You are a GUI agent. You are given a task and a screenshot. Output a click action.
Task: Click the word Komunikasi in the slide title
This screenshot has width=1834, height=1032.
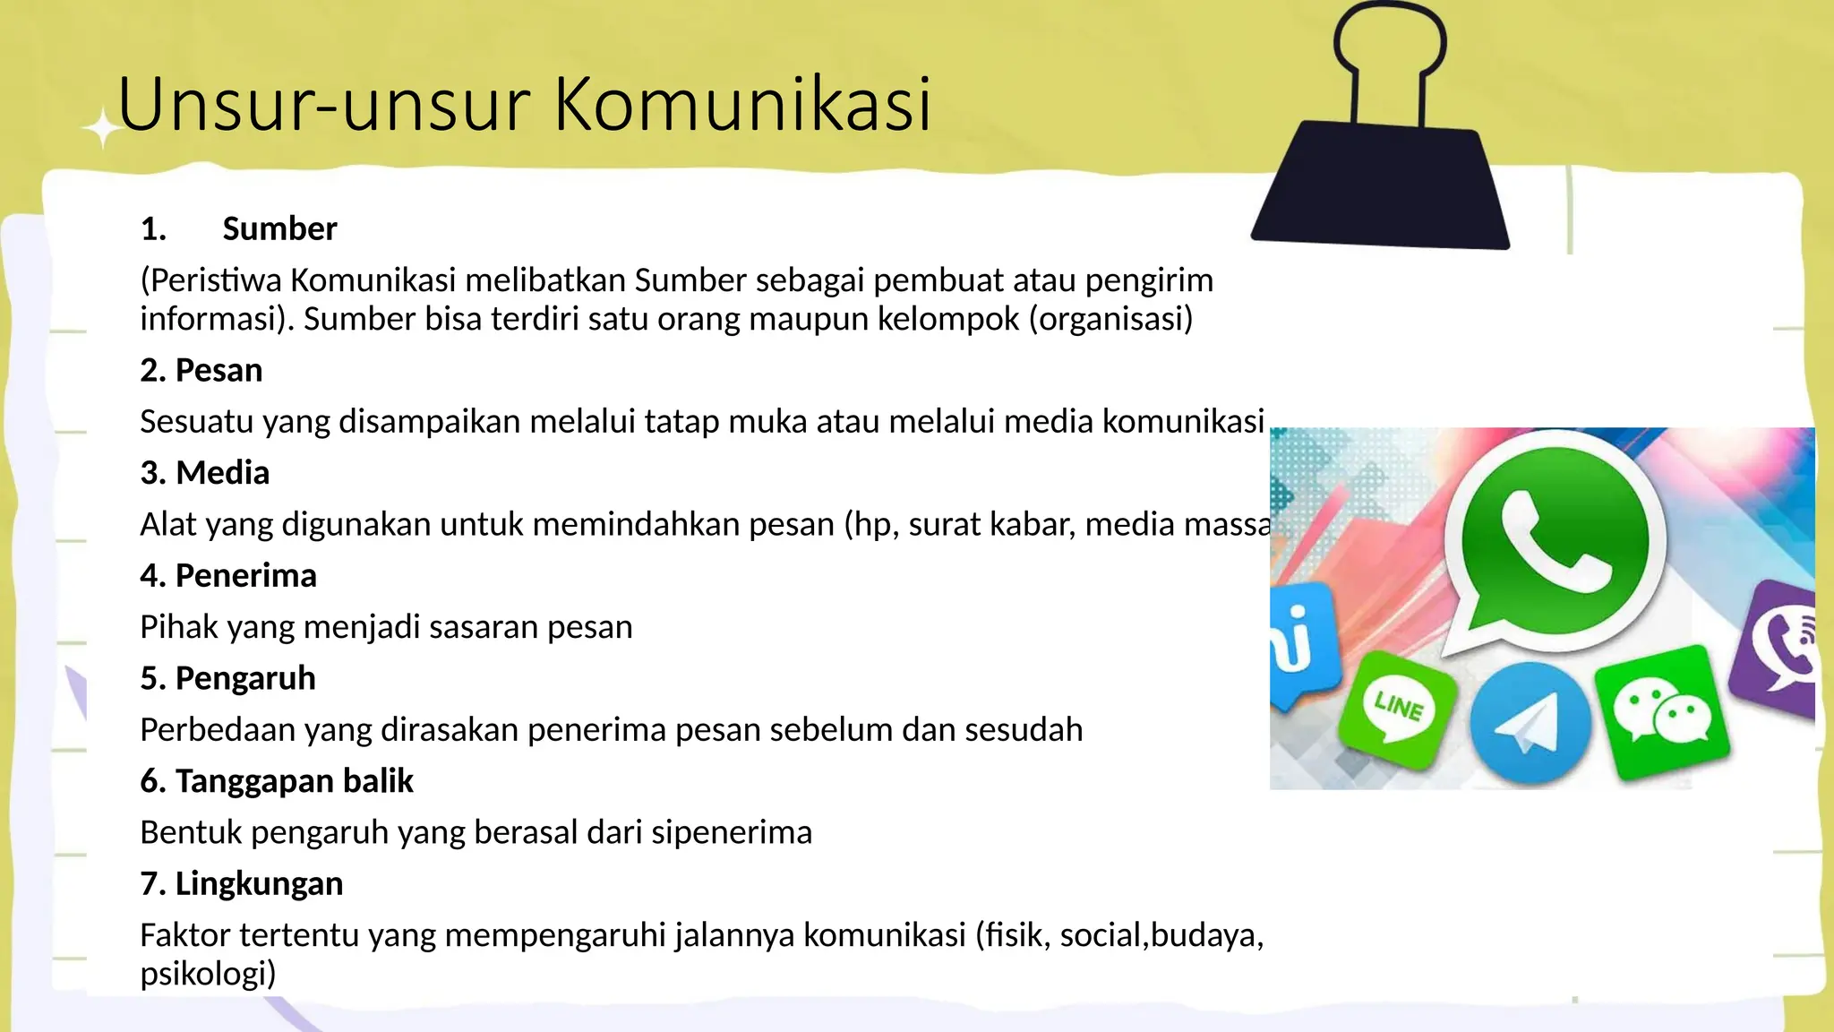coord(742,105)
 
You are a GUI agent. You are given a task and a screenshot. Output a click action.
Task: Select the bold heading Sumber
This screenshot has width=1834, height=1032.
coord(279,229)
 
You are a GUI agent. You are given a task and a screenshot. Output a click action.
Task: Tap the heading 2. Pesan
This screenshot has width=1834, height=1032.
coord(201,370)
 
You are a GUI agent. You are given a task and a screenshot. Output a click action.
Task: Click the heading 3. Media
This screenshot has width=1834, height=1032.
coord(205,473)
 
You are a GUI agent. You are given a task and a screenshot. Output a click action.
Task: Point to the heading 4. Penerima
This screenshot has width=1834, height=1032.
coord(228,576)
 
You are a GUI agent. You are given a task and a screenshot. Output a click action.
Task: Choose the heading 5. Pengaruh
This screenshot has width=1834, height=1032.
coord(227,679)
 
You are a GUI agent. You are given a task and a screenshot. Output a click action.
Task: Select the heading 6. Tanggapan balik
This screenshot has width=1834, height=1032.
coord(277,781)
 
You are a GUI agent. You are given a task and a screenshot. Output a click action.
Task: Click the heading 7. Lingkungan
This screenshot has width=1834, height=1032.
coord(242,884)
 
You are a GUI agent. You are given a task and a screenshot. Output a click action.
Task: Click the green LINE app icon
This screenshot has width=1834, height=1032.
coord(1397,708)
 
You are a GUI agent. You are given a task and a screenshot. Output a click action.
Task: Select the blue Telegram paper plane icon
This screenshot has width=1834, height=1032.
coord(1530,722)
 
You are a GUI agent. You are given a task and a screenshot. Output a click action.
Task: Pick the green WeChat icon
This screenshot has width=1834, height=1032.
coord(1662,712)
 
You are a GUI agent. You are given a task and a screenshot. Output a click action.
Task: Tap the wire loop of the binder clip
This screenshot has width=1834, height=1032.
coord(1389,49)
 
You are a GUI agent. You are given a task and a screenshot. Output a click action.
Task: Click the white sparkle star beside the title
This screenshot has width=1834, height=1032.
coord(103,130)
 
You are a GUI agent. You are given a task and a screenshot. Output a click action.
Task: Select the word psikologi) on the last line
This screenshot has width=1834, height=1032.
coord(208,974)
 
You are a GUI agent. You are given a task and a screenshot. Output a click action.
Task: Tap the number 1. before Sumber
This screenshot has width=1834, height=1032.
coord(153,229)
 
